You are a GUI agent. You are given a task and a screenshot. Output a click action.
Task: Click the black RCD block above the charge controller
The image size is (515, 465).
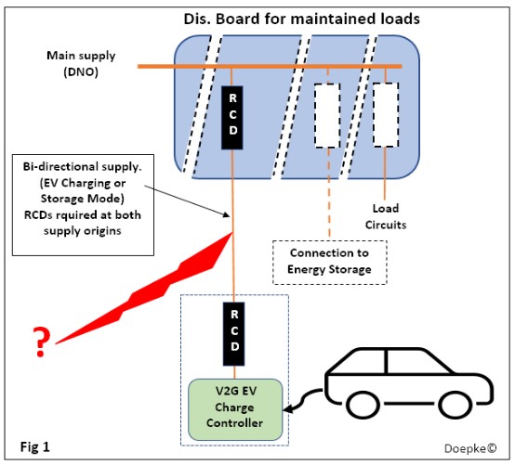point(231,332)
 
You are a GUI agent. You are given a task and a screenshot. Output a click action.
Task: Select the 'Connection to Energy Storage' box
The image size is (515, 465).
point(329,261)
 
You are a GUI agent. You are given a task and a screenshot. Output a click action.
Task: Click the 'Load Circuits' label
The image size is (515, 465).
point(391,216)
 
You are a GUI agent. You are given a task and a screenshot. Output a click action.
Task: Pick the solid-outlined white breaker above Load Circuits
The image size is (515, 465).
point(386,116)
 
